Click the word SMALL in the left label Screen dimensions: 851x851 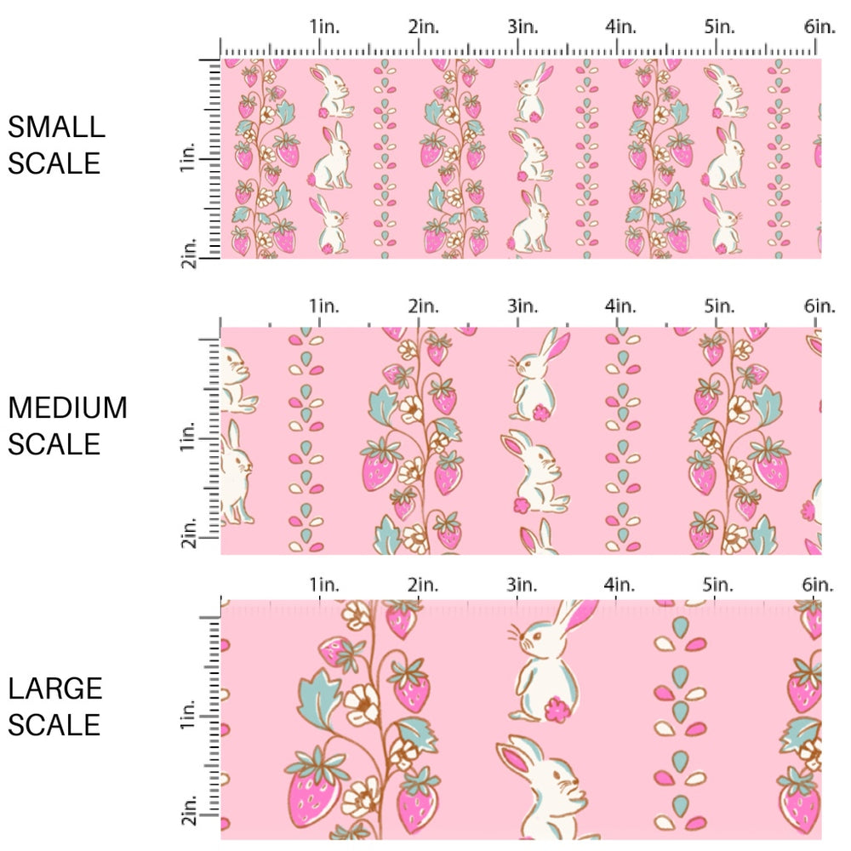[x=56, y=128]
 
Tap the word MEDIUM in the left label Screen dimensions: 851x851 [x=67, y=408]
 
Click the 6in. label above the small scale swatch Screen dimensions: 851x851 [x=820, y=27]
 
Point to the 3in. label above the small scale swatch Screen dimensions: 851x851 [x=523, y=27]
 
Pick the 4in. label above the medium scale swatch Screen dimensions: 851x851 [x=621, y=306]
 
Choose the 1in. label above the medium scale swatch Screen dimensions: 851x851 [x=324, y=306]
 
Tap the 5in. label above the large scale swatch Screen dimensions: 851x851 [x=720, y=585]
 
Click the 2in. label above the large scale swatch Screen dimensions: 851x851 [x=423, y=585]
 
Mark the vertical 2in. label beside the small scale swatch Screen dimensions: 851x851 [x=190, y=253]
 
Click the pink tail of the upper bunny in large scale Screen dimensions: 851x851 [x=558, y=708]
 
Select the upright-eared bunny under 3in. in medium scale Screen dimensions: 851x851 [x=536, y=374]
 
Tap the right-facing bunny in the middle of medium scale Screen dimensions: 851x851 [x=533, y=472]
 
